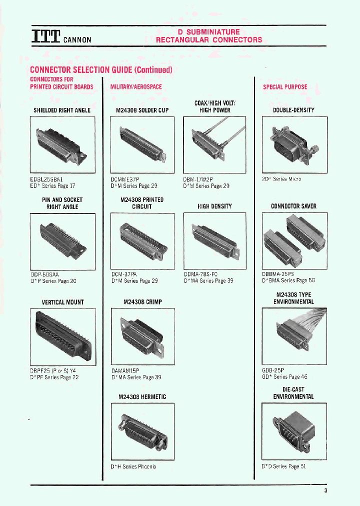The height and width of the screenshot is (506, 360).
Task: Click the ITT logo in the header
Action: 46,36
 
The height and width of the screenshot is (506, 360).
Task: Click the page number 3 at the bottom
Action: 325,490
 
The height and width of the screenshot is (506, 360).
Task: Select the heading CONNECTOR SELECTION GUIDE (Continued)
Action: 101,70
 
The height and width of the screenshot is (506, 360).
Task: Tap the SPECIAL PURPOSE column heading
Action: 285,87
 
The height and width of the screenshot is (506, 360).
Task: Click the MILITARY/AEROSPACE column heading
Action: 136,87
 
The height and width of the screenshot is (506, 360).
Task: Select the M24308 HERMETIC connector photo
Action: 142,430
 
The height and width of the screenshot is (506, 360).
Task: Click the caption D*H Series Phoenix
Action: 133,466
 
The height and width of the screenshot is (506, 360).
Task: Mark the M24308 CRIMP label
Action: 142,302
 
